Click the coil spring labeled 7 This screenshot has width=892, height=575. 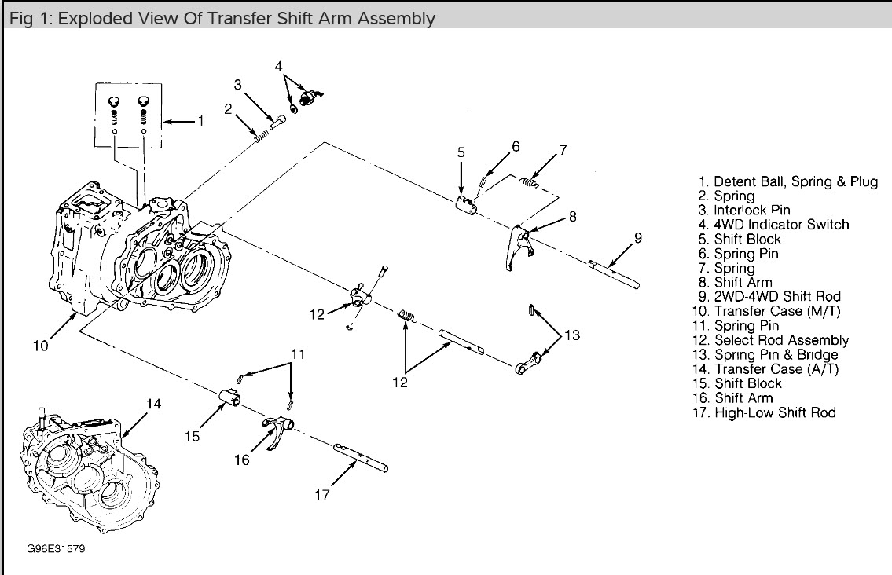pos(530,183)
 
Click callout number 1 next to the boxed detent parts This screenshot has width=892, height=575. pos(200,121)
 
